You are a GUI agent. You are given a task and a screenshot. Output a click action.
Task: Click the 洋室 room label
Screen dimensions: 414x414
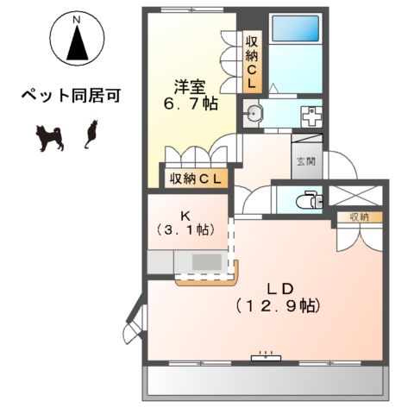click(191, 86)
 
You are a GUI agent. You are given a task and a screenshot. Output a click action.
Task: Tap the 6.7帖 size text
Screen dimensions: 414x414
click(191, 103)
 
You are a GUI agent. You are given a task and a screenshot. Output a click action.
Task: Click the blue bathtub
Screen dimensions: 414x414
click(296, 28)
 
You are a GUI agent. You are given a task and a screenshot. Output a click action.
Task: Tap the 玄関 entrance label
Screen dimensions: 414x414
click(307, 160)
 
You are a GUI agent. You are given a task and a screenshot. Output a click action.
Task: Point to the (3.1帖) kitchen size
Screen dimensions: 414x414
click(187, 231)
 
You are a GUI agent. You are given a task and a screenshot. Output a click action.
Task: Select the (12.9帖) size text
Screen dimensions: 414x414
click(279, 304)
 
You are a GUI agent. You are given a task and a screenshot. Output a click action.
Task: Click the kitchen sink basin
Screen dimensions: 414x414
click(205, 262)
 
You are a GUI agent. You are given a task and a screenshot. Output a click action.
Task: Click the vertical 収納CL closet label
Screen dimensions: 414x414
click(253, 61)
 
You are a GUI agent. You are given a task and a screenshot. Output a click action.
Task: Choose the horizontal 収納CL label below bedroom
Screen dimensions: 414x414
click(196, 179)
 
